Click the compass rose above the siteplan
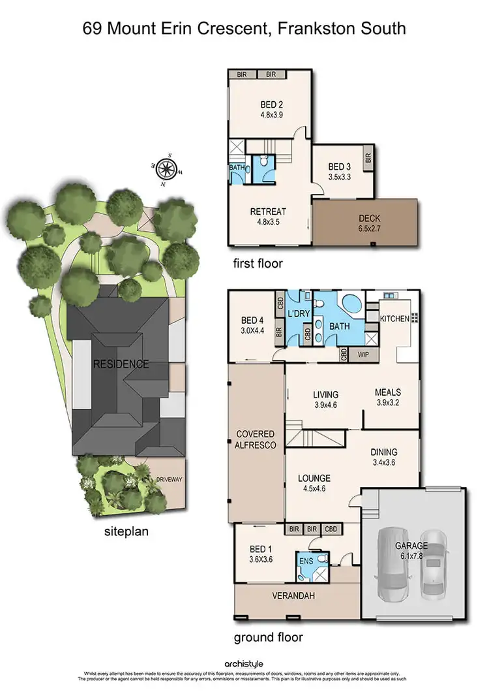coord(168,170)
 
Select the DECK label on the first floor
coord(364,219)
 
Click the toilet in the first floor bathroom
coord(262,161)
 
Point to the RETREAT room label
coord(269,212)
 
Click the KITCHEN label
coord(394,319)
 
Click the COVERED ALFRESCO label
coord(256,439)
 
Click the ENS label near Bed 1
coord(306,560)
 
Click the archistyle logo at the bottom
coord(244,664)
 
